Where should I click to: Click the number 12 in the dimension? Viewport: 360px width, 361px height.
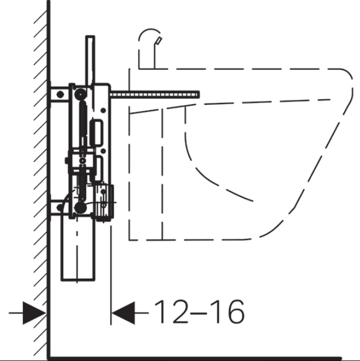171,312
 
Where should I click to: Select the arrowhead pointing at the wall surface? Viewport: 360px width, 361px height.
34,313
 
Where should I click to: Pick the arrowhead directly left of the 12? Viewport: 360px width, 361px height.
123,313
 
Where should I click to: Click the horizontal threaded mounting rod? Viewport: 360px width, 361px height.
155,95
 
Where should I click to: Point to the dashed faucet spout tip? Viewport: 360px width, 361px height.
159,40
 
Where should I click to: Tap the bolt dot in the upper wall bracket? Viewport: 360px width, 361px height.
60,94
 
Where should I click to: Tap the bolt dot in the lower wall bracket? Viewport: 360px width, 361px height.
59,208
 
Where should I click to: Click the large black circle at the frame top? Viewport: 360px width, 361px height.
80,94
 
